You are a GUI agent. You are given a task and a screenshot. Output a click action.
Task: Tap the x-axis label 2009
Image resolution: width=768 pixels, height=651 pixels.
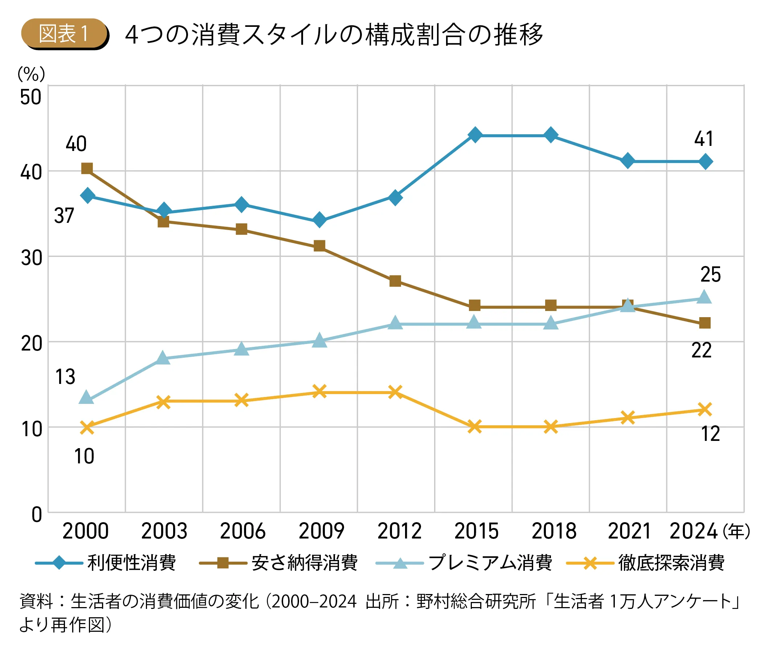pos(321,531)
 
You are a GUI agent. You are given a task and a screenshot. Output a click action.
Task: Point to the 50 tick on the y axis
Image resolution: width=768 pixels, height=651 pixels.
pos(30,97)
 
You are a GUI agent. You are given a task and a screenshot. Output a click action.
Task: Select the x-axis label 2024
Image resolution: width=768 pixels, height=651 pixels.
pos(693,531)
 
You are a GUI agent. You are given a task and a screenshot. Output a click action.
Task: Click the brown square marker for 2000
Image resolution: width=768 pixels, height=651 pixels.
pos(87,169)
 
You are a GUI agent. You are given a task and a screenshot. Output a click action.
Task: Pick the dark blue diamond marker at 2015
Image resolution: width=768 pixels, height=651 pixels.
pos(475,135)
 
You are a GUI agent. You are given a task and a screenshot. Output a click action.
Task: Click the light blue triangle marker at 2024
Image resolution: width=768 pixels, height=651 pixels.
pos(704,297)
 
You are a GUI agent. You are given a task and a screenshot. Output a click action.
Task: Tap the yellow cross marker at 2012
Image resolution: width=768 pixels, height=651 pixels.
pos(395,392)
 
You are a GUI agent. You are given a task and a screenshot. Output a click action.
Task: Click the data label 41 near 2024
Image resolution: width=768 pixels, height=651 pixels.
pos(704,139)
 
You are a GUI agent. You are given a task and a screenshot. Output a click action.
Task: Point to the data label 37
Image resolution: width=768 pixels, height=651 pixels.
pos(64,216)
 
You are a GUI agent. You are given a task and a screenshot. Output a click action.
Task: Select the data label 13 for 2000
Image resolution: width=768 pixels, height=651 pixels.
pos(65,377)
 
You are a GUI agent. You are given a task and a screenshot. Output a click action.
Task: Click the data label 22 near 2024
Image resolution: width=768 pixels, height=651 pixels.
pos(701,350)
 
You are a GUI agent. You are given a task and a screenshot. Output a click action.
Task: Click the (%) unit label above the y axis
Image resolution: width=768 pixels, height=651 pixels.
pos(31,74)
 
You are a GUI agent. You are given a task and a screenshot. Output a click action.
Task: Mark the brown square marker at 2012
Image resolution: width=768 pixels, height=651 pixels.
pos(395,281)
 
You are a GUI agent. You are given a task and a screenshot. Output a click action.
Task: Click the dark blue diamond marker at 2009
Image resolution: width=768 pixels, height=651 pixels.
pos(319,220)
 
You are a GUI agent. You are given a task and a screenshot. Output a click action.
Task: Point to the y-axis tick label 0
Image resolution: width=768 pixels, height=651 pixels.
pos(37,515)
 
